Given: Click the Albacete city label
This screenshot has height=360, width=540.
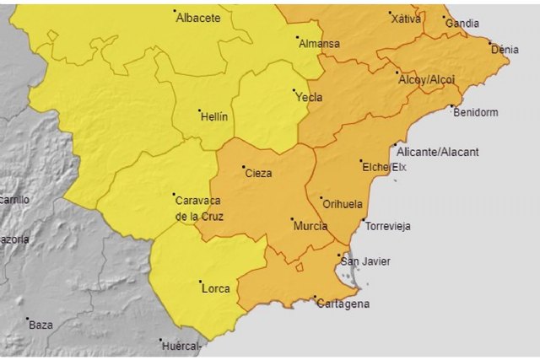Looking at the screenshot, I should click(x=199, y=17).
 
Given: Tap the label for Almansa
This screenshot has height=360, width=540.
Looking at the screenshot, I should click(x=321, y=44).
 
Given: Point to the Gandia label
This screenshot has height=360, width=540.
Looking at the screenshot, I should click(x=462, y=24).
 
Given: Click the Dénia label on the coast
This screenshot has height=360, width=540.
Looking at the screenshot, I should click(x=505, y=50).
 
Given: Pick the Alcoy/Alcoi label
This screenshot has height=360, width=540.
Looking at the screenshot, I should click(x=426, y=79).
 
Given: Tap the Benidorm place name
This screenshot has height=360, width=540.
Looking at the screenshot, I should click(x=476, y=112).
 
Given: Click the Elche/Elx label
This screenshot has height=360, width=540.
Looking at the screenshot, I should click(x=385, y=168).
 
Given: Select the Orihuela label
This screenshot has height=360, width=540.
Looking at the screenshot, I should click(x=343, y=204).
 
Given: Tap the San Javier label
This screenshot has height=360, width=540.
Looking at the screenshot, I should click(x=365, y=261).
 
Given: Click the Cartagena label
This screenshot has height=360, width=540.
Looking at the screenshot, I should click(x=343, y=304).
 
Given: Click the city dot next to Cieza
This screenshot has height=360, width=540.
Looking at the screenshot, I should click(x=243, y=167).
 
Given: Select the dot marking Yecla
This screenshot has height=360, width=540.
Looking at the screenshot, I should click(x=294, y=91).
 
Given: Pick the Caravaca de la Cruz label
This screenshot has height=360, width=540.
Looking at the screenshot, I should click(x=197, y=208).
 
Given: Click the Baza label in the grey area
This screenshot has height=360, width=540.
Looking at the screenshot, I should click(x=40, y=325).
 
